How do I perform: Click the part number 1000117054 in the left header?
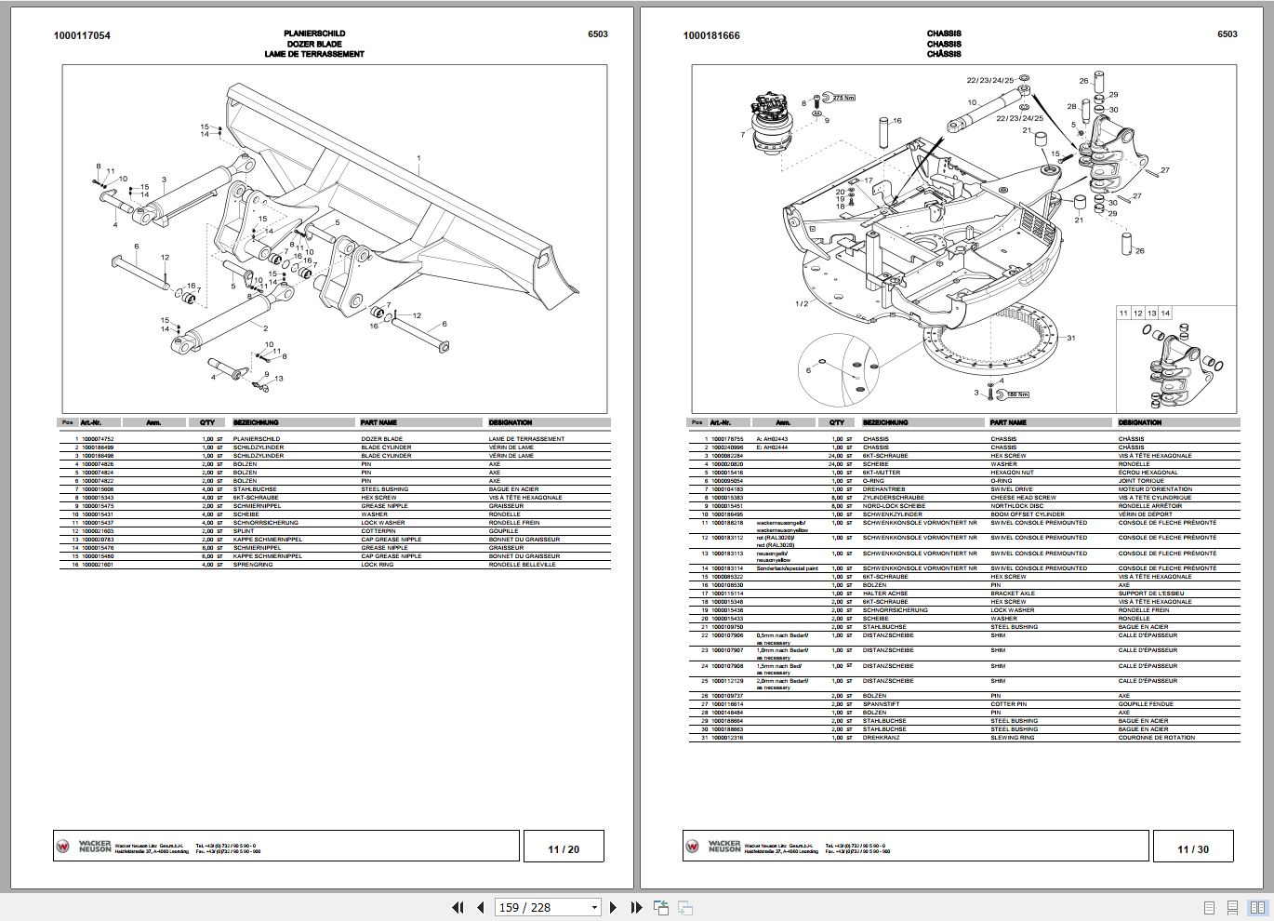(x=82, y=35)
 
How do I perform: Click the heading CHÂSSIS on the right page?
(x=944, y=54)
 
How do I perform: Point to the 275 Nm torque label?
(x=843, y=98)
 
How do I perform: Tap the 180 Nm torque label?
(x=1016, y=394)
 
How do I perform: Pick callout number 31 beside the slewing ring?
(x=1071, y=338)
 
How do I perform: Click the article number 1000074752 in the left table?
(x=99, y=439)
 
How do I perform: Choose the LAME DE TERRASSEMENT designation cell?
(x=526, y=439)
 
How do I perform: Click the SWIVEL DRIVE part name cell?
(x=1011, y=489)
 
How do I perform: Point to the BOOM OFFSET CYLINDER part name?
(x=1023, y=514)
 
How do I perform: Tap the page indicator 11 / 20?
(x=564, y=848)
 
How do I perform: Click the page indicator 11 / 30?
(x=1193, y=848)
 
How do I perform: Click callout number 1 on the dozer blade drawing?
(x=418, y=159)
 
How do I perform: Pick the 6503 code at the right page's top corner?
(x=1228, y=34)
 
